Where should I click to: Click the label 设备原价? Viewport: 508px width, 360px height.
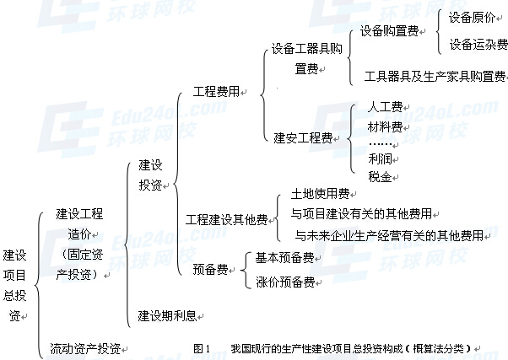tap(472, 17)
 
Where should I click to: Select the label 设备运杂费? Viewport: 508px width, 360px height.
tap(477, 44)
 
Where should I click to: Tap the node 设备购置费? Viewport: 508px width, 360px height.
tap(389, 31)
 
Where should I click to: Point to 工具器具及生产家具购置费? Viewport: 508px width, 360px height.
tap(434, 76)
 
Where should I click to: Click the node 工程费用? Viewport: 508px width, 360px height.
tap(215, 90)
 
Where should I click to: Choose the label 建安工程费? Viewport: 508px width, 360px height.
tap(302, 137)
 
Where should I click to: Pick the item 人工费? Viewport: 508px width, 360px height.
tap(385, 109)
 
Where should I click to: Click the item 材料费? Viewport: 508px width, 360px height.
tap(385, 126)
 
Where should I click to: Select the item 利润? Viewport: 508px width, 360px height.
tap(380, 159)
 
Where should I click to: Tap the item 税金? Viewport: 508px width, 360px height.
tap(380, 176)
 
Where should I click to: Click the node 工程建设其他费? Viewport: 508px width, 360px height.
tap(226, 220)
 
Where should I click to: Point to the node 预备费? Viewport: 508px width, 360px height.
tap(209, 269)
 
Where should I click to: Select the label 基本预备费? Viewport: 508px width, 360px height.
tap(284, 257)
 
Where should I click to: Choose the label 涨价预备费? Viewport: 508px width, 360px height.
tap(284, 281)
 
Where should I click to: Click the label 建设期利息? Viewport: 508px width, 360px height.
tap(167, 315)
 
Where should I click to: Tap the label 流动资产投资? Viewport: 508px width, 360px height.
tap(84, 347)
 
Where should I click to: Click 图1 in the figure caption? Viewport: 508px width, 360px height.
tap(201, 347)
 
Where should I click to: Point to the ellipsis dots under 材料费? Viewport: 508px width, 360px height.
tap(385, 143)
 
